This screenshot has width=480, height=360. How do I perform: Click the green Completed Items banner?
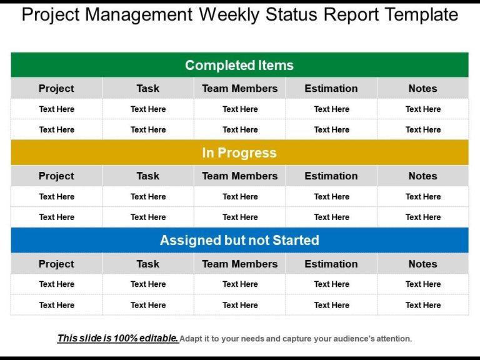point(239,65)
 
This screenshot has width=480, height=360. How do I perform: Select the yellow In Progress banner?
point(239,152)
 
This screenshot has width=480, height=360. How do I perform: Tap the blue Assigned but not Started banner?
point(239,240)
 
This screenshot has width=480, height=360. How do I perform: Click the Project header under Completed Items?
point(56,88)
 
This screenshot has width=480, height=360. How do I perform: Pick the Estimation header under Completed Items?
point(331,88)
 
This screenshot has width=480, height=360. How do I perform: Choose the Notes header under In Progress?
point(423,176)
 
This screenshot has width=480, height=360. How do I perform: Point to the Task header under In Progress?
point(148,176)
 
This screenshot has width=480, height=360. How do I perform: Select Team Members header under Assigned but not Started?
point(240,264)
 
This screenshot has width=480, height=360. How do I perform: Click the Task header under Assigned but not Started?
point(148,264)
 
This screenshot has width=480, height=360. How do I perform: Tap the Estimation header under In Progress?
point(331,176)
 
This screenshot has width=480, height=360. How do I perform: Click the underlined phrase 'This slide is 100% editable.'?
point(118,338)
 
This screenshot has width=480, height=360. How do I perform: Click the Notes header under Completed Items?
point(423,88)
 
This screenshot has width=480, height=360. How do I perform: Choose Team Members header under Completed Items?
point(240,88)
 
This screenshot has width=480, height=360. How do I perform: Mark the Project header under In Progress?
point(56,176)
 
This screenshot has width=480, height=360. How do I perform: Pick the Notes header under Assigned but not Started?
point(423,264)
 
